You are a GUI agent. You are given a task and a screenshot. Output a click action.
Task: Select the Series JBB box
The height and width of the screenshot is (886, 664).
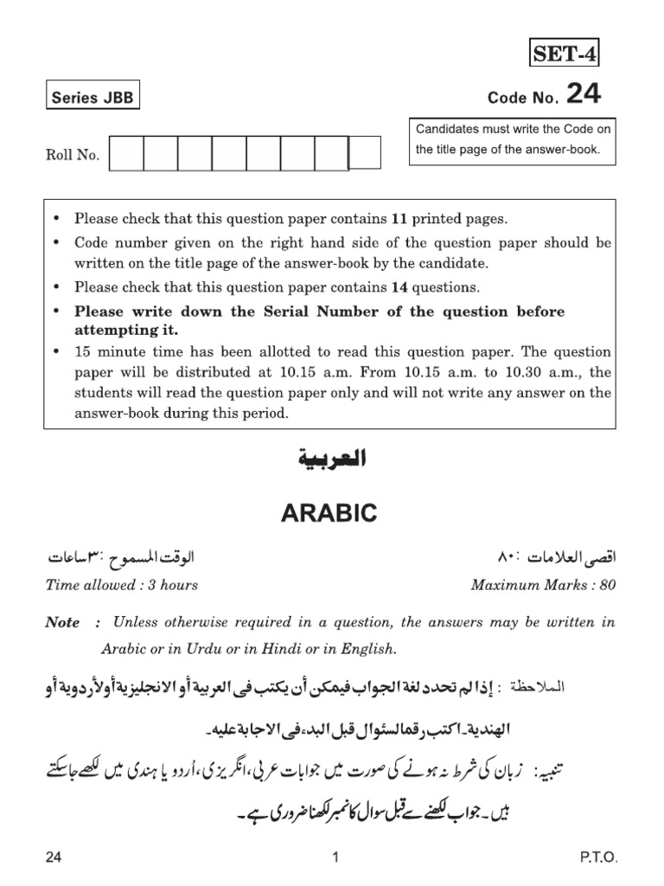tap(93, 98)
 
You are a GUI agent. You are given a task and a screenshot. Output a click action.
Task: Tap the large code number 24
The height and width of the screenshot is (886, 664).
tap(584, 94)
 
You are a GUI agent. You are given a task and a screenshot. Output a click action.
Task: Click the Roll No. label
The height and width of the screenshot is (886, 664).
tap(73, 156)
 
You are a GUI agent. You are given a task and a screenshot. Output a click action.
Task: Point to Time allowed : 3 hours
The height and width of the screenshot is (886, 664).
tap(121, 585)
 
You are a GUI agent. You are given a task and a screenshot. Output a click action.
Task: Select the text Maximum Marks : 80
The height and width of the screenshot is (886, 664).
tap(543, 585)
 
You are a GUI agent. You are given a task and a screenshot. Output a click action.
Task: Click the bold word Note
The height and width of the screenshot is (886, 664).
tap(62, 623)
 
